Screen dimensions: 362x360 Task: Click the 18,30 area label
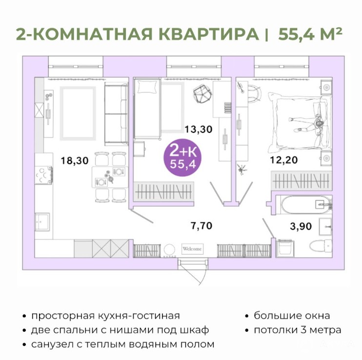click(75, 161)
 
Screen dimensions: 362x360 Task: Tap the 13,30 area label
click(199, 129)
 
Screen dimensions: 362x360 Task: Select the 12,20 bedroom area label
click(284, 160)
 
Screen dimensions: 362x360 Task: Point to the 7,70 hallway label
click(201, 226)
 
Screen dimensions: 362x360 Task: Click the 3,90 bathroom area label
click(301, 226)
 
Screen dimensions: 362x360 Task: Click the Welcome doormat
click(192, 249)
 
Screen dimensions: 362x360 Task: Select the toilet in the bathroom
click(321, 245)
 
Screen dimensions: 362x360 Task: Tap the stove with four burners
click(43, 175)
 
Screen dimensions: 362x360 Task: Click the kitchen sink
click(42, 222)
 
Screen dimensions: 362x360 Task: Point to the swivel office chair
click(202, 94)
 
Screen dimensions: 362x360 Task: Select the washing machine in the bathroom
click(285, 248)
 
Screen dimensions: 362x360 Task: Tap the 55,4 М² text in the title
click(310, 34)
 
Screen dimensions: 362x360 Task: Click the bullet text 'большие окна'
click(292, 316)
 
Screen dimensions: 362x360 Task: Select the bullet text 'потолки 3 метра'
click(298, 330)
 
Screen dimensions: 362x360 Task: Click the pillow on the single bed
click(147, 86)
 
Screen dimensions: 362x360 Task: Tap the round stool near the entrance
click(170, 250)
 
